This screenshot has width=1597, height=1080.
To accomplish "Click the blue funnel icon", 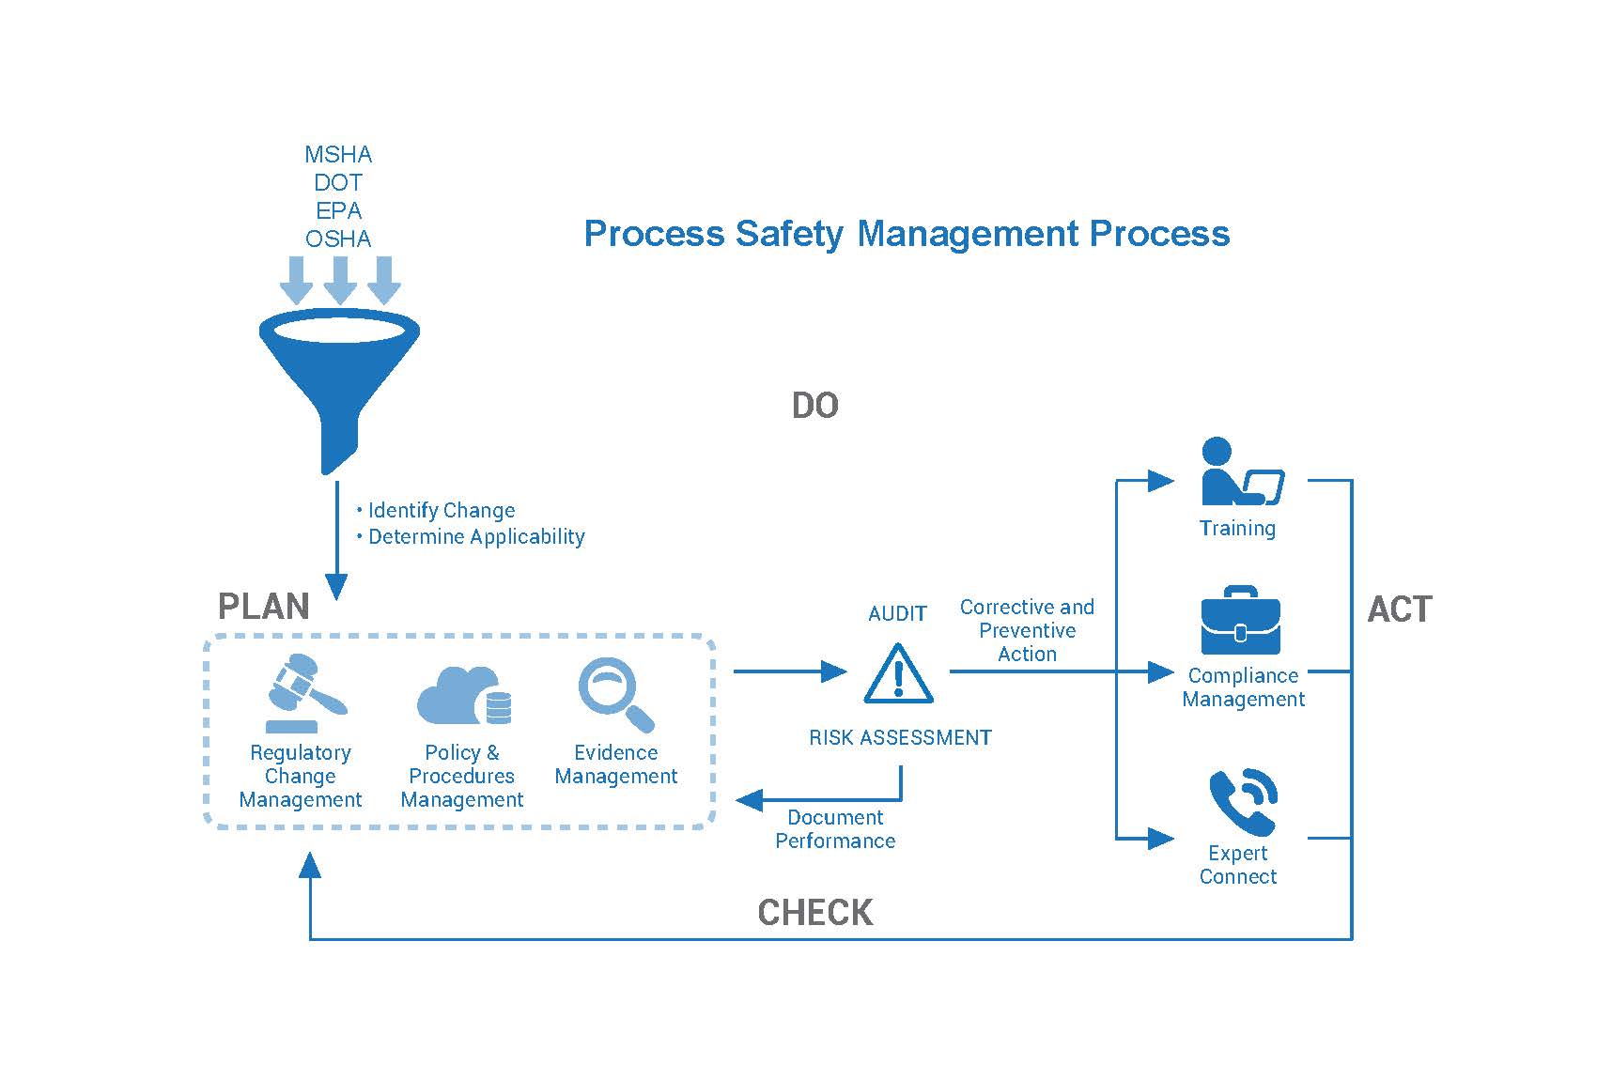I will click(x=338, y=376).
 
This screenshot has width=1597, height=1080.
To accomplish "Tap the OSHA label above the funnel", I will click(x=338, y=239).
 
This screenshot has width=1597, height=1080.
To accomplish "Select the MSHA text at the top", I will click(x=338, y=154).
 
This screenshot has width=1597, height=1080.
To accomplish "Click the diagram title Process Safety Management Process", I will click(x=907, y=233).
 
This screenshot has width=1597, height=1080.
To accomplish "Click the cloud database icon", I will click(x=463, y=696).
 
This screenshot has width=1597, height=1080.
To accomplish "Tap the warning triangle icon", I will click(x=898, y=674).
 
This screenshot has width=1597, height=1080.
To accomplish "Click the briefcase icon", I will click(x=1240, y=622).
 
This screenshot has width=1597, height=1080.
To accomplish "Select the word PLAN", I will click(x=264, y=607).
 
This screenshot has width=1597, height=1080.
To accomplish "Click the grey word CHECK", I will click(x=815, y=912).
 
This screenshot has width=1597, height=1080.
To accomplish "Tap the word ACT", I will click(x=1399, y=609).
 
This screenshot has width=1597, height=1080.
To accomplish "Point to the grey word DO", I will click(x=814, y=406).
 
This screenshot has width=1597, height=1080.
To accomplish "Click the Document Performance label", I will click(x=835, y=829).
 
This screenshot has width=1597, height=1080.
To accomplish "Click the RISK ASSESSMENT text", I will click(x=900, y=738).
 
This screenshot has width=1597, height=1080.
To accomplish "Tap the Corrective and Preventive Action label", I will click(x=1027, y=630).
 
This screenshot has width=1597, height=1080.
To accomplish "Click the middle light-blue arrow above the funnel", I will click(x=339, y=279).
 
